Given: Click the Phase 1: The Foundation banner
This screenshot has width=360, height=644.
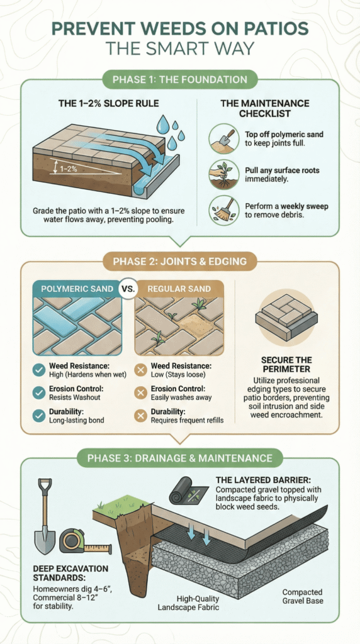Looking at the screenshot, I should point(180,80).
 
